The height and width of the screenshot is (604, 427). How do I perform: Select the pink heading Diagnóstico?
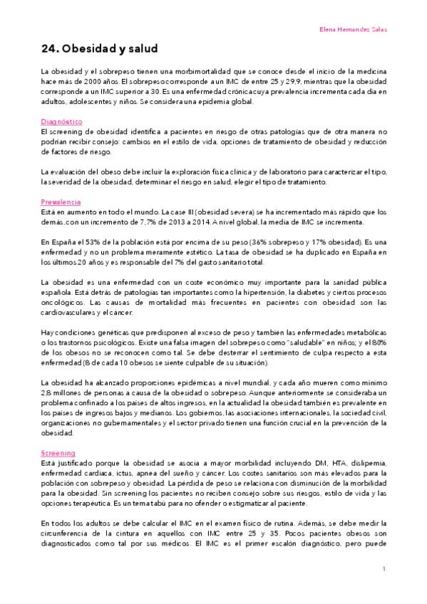[x=62, y=123]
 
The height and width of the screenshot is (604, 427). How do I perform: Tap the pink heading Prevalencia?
[x=61, y=202]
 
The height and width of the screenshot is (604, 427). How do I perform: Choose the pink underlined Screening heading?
[x=58, y=453]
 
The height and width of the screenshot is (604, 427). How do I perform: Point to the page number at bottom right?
[x=384, y=568]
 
